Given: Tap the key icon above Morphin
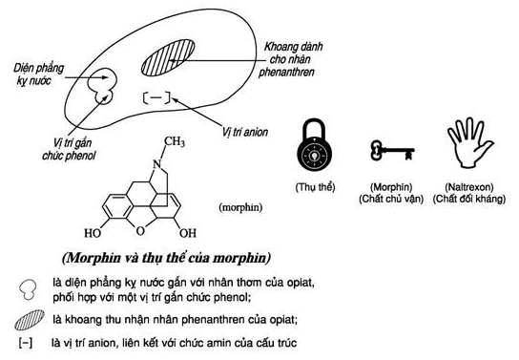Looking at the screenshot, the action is (392, 150).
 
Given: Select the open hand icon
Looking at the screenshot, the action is (469, 142).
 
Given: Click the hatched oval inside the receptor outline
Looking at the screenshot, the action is (168, 57).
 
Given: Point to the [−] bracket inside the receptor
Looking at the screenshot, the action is (156, 97).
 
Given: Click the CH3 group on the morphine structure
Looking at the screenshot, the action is (175, 141).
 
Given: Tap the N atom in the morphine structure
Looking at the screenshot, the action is (156, 164).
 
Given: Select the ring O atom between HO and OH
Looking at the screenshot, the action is (140, 231).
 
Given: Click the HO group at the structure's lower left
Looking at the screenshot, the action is (93, 233).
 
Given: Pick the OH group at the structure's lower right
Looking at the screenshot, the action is (188, 233).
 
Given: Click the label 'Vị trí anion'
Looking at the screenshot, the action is (244, 132).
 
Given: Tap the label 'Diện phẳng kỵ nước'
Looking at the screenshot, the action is (38, 74).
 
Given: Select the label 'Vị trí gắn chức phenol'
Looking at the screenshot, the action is (69, 149).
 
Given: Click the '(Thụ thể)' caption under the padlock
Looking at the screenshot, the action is (315, 187).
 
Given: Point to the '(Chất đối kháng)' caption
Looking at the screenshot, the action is (469, 199).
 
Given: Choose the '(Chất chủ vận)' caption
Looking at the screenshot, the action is (391, 199).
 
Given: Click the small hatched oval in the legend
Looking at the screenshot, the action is (30, 320).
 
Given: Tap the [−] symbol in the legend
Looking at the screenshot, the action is (26, 343).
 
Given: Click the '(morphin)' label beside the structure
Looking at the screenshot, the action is (240, 207).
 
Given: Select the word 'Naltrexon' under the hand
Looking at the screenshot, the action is (469, 187).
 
